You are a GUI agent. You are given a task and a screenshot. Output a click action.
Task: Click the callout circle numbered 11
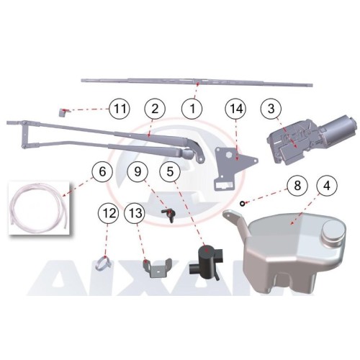(x=120, y=109)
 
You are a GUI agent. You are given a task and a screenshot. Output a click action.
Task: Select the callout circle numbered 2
(x=155, y=109)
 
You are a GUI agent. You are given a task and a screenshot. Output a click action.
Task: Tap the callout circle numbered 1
(x=192, y=109)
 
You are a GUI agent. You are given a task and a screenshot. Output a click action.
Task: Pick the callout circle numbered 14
(x=235, y=109)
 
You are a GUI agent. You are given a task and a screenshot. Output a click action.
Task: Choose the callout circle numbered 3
(x=271, y=109)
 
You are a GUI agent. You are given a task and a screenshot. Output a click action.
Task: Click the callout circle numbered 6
(x=102, y=172)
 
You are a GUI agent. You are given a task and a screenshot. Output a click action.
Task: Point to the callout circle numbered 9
(x=138, y=172)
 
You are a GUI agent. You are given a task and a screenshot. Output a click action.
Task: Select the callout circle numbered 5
(x=170, y=172)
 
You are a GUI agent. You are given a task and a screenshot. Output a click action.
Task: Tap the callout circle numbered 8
(x=297, y=186)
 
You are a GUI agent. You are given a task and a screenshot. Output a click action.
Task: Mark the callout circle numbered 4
(x=327, y=186)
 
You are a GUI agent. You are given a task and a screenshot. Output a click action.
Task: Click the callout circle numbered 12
(x=109, y=213)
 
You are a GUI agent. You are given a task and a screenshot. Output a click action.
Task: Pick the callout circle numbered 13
(x=135, y=213)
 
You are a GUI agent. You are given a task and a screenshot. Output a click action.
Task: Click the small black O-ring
(x=242, y=204)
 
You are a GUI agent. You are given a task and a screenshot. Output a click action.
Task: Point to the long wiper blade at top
(x=197, y=82)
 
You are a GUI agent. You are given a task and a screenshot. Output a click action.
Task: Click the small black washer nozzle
(x=168, y=214)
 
